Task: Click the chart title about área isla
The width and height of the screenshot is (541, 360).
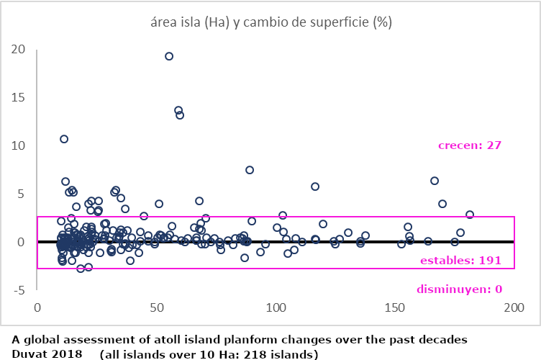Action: (x=270, y=22)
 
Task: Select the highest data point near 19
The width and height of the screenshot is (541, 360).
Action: (x=169, y=56)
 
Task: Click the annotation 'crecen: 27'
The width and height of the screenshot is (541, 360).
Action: (x=469, y=145)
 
